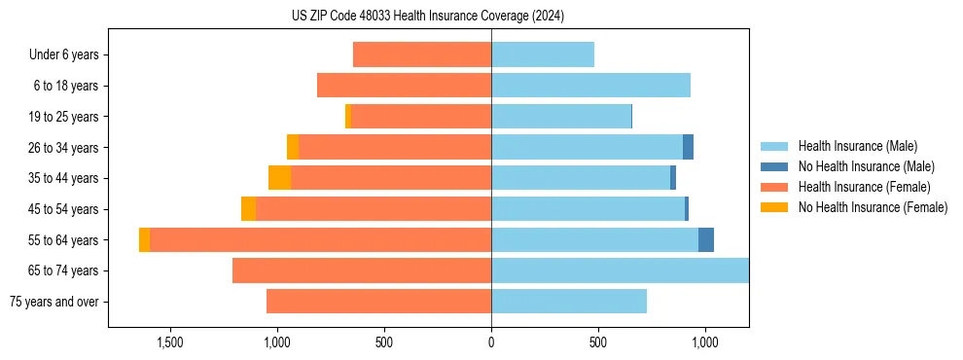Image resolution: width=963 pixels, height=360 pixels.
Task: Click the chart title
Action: click(427, 17)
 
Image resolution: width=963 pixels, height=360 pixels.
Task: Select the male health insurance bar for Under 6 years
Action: click(542, 54)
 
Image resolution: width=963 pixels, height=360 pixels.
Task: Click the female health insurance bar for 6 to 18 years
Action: click(404, 86)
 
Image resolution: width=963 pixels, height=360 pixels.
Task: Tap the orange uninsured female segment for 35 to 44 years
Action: click(279, 178)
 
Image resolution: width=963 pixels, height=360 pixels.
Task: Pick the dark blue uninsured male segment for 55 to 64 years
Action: click(706, 240)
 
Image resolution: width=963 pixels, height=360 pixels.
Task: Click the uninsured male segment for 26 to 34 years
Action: click(688, 147)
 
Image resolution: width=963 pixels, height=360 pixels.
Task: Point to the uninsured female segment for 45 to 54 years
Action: click(248, 209)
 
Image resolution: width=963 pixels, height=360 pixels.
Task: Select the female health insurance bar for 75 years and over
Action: click(378, 302)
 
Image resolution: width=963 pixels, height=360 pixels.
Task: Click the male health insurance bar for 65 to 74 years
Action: click(620, 270)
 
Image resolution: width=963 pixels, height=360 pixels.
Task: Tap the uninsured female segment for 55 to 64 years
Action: click(145, 240)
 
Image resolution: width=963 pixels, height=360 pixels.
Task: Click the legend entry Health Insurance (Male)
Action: click(857, 146)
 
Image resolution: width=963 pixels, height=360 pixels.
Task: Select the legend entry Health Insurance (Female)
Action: click(864, 187)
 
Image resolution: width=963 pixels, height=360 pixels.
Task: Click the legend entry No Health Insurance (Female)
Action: click(873, 207)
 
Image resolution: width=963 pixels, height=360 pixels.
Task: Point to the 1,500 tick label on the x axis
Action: click(170, 342)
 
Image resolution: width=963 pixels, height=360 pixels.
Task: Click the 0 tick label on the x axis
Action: click(491, 342)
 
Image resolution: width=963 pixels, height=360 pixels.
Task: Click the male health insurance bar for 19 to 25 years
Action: click(561, 117)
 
